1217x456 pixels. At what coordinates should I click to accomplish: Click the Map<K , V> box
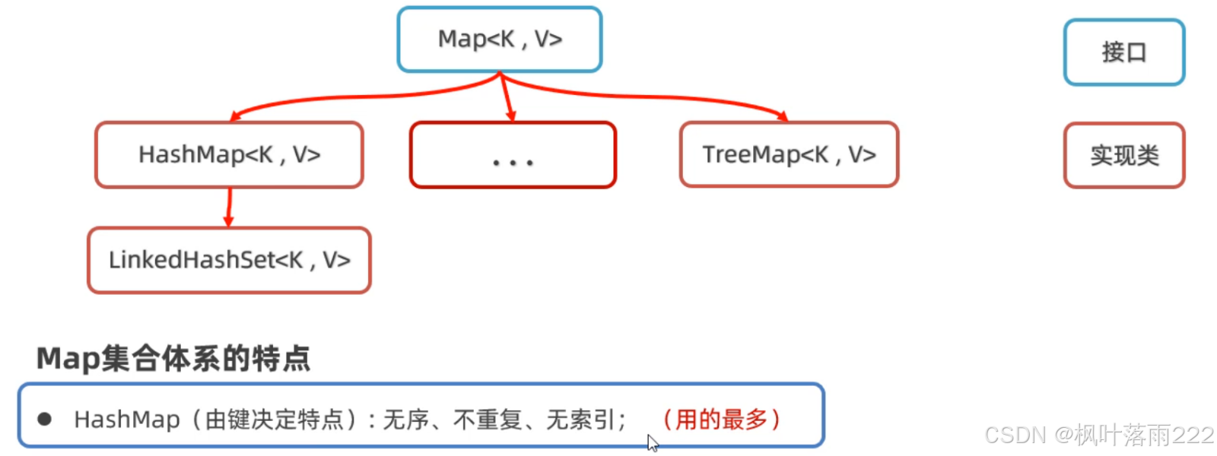500,40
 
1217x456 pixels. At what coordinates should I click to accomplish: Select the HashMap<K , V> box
229,155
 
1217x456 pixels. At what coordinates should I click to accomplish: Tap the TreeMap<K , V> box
789,155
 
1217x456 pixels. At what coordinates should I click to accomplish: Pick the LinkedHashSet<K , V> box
229,260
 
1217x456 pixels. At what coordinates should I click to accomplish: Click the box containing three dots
513,155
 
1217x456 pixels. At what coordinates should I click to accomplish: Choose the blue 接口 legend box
1124,52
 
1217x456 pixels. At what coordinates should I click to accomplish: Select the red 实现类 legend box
1124,156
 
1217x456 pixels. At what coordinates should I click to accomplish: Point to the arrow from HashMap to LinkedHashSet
228,207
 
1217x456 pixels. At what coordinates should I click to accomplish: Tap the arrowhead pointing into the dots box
511,115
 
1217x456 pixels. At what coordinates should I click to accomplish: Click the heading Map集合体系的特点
173,359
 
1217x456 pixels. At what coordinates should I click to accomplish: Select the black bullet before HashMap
45,419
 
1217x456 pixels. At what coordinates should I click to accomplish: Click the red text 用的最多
721,419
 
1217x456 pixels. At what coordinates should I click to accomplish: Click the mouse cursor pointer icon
652,443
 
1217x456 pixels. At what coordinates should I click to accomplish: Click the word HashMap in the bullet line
127,419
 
